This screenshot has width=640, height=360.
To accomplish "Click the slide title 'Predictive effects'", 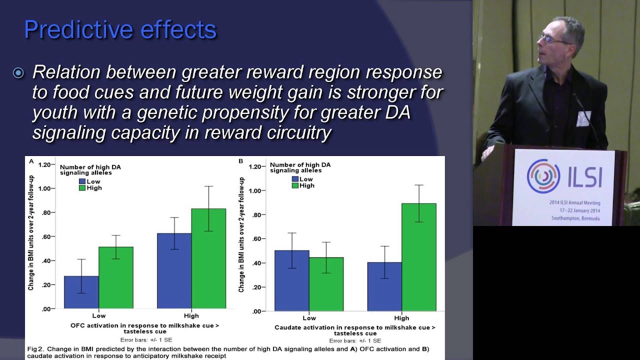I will click(x=120, y=30).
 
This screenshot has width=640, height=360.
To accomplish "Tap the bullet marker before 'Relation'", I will click(x=18, y=73).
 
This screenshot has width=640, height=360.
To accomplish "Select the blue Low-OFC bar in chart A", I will click(x=81, y=292).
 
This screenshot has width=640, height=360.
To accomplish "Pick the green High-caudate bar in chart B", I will click(x=419, y=257).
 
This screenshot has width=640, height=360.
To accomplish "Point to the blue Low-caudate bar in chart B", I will click(x=291, y=280).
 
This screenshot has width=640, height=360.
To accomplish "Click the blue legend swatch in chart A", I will click(x=82, y=181).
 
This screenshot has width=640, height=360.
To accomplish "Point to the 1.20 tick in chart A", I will click(x=46, y=164).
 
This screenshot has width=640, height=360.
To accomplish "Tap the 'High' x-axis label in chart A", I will click(x=191, y=315).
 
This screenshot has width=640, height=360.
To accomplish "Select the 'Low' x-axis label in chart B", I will click(x=309, y=318).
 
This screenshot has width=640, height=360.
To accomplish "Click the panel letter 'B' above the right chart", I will click(x=241, y=161).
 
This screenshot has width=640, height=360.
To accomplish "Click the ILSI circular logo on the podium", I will click(x=543, y=175).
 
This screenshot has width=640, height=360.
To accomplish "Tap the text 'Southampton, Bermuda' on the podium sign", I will click(x=575, y=218).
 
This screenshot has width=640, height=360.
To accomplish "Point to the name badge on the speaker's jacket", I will click(x=583, y=118).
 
